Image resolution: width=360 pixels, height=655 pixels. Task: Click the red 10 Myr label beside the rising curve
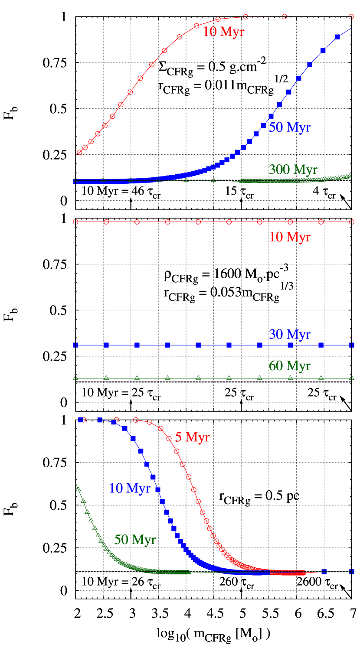coord(223,32)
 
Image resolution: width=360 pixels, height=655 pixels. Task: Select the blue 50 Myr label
coord(289,127)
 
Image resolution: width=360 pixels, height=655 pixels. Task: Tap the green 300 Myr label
coord(293,169)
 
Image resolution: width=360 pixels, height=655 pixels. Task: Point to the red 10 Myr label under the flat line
coord(289,237)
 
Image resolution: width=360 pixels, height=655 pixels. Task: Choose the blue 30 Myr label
coord(289,335)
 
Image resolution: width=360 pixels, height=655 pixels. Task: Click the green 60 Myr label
coord(289,366)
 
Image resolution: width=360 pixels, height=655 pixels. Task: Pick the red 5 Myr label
coord(192,437)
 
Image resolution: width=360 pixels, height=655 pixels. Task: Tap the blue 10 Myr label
coord(129,489)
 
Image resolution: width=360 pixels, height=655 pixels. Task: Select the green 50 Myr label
coord(134,540)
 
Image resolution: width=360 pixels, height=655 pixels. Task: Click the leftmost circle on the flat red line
coord(75,222)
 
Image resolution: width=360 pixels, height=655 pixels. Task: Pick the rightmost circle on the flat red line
coord(351,222)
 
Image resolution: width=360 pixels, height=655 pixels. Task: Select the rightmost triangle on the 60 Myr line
coord(351,378)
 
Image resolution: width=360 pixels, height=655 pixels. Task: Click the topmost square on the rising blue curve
coord(337,37)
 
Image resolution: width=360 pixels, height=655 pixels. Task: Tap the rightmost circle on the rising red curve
coord(351,17)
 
